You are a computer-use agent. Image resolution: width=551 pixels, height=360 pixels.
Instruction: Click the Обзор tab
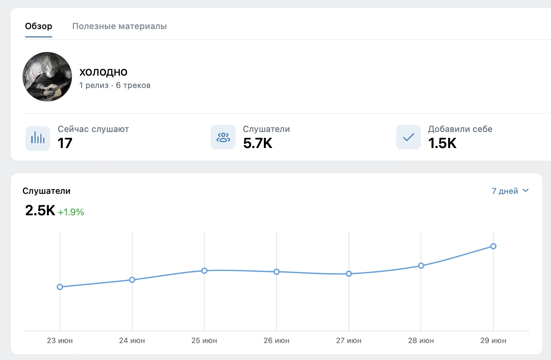click(x=39, y=26)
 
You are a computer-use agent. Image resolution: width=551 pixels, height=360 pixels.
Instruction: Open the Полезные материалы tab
click(x=119, y=26)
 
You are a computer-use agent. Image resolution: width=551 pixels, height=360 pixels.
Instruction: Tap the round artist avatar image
click(x=47, y=77)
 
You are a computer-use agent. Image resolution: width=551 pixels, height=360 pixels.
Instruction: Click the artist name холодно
click(x=103, y=72)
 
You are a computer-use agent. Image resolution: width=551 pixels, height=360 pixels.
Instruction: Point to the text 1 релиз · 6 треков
click(x=115, y=85)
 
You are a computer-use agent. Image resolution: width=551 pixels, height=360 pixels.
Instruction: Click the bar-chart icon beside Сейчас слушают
click(x=38, y=138)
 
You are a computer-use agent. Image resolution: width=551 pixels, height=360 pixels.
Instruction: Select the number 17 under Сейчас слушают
click(x=65, y=143)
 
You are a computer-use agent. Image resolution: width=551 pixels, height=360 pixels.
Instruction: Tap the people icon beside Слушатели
click(x=223, y=137)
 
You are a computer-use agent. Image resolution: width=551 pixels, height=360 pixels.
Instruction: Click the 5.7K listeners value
click(x=258, y=143)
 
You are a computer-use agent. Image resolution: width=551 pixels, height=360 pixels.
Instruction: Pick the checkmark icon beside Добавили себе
click(x=409, y=137)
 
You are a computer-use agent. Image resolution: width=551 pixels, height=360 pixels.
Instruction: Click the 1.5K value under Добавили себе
click(x=442, y=143)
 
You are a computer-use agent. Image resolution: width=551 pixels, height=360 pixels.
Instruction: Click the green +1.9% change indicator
click(x=71, y=212)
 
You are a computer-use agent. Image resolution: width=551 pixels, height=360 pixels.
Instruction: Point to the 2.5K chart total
click(x=40, y=211)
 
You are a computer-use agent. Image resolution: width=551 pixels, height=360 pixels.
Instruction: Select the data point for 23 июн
click(x=60, y=287)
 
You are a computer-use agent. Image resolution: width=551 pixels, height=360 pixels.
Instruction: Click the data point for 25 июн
click(x=204, y=271)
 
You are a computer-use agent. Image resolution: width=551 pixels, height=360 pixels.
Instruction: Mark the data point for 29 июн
click(x=493, y=246)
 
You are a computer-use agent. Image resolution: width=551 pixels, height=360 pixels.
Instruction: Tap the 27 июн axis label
click(x=349, y=341)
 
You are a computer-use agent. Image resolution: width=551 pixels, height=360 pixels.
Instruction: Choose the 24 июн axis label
click(x=132, y=341)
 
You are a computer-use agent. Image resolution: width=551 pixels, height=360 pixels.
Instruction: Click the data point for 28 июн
click(x=421, y=266)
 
